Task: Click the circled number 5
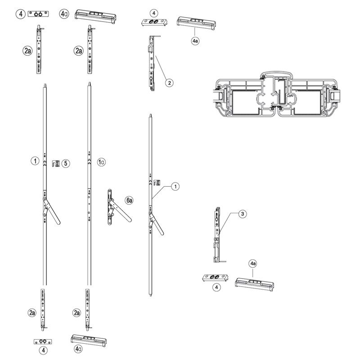66,163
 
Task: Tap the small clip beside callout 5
56,163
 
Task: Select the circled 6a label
129,200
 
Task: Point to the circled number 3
243,214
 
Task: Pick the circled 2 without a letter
170,83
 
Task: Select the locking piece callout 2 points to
152,63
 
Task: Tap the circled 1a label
101,162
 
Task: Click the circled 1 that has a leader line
175,186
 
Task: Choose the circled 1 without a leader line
35,161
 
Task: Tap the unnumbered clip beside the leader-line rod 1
157,183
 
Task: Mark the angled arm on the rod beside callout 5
51,211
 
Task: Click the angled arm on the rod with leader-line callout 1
156,223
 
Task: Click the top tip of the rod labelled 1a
89,82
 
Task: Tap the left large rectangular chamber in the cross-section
246,102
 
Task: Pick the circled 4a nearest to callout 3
253,264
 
